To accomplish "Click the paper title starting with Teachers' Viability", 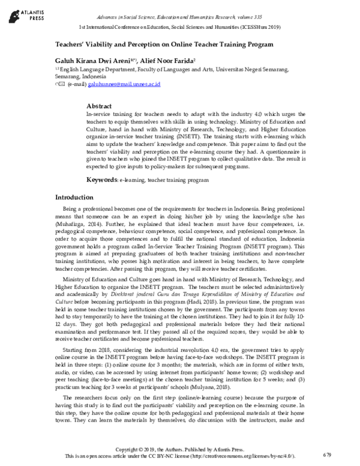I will [x=164, y=44].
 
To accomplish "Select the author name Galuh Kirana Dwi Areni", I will [x=92, y=60].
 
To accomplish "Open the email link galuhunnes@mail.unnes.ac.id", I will [x=124, y=85].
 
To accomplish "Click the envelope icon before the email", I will [x=61, y=85].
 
